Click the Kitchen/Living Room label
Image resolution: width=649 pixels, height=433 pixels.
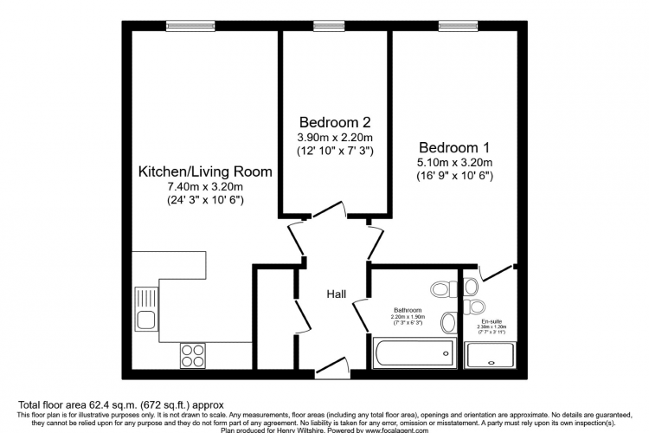point(205,171)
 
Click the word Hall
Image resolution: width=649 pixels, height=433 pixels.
point(337,295)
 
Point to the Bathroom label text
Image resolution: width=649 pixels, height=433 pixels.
point(406,310)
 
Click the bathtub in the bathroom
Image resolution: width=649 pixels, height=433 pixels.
point(414,352)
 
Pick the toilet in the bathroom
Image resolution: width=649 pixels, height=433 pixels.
point(440,288)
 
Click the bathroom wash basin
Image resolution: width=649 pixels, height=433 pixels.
point(447,323)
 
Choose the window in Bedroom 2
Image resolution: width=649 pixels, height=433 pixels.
point(325,25)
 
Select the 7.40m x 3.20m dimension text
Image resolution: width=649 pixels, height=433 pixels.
point(205,186)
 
